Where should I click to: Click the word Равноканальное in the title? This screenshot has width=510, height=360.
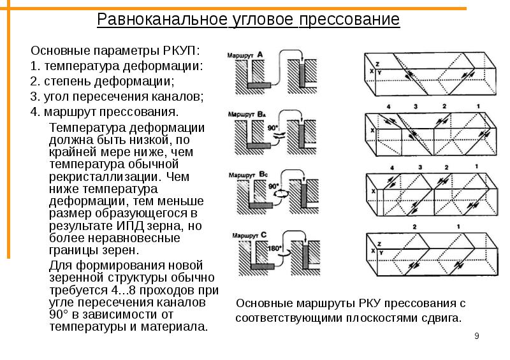pyautogui.click(x=162, y=20)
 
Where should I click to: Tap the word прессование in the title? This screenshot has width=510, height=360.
pyautogui.click(x=349, y=20)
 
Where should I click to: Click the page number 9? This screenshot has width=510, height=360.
pyautogui.click(x=477, y=336)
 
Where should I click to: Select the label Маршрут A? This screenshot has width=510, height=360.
pyautogui.click(x=245, y=55)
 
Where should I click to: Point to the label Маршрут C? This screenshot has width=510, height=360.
pyautogui.click(x=249, y=235)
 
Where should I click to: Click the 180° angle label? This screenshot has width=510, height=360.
pyautogui.click(x=274, y=248)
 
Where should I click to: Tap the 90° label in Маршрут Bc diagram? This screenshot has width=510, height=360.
pyautogui.click(x=273, y=185)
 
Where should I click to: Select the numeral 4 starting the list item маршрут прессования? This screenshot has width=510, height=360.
pyautogui.click(x=34, y=112)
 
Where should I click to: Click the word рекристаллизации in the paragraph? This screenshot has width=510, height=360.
pyautogui.click(x=103, y=177)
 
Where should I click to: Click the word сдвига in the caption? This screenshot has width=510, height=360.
pyautogui.click(x=442, y=318)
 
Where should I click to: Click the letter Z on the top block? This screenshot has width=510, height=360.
pyautogui.click(x=377, y=65)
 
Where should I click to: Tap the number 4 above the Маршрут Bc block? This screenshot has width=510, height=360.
pyautogui.click(x=392, y=168)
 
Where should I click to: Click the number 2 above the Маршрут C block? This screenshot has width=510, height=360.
pyautogui.click(x=414, y=227)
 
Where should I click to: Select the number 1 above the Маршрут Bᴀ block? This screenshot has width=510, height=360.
pyautogui.click(x=477, y=106)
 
